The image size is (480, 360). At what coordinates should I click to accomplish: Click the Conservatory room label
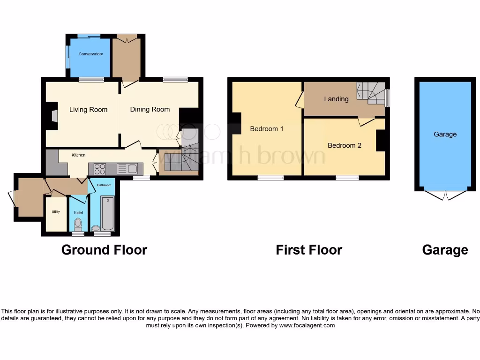pyautogui.click(x=90, y=54)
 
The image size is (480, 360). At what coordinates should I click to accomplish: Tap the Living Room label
pyautogui.click(x=88, y=110)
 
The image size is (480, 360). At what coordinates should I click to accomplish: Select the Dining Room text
pyautogui.click(x=150, y=109)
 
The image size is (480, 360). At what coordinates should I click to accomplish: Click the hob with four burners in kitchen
pyautogui.click(x=99, y=169)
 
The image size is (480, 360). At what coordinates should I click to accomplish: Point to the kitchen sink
pyautogui.click(x=127, y=169)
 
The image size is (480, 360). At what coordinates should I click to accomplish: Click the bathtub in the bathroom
pyautogui.click(x=108, y=213)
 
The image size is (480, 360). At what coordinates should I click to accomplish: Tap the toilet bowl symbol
pyautogui.click(x=78, y=223)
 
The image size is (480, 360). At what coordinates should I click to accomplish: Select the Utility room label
pyautogui.click(x=56, y=212)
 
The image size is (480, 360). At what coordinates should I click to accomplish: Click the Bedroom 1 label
pyautogui.click(x=267, y=128)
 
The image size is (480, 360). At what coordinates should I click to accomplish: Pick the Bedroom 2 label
pyautogui.click(x=345, y=145)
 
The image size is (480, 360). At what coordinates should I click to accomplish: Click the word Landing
pyautogui.click(x=336, y=99)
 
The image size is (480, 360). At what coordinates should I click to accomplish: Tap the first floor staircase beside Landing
pyautogui.click(x=371, y=93)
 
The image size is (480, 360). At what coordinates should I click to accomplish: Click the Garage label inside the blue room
pyautogui.click(x=445, y=134)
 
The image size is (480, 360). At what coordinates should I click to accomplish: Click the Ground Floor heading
pyautogui.click(x=104, y=250)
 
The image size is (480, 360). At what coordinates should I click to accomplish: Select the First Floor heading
pyautogui.click(x=309, y=250)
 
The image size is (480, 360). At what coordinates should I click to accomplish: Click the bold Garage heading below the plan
pyautogui.click(x=445, y=250)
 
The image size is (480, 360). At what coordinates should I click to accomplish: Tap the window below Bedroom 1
pyautogui.click(x=270, y=178)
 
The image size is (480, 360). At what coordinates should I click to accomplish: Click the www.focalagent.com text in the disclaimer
pyautogui.click(x=307, y=325)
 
